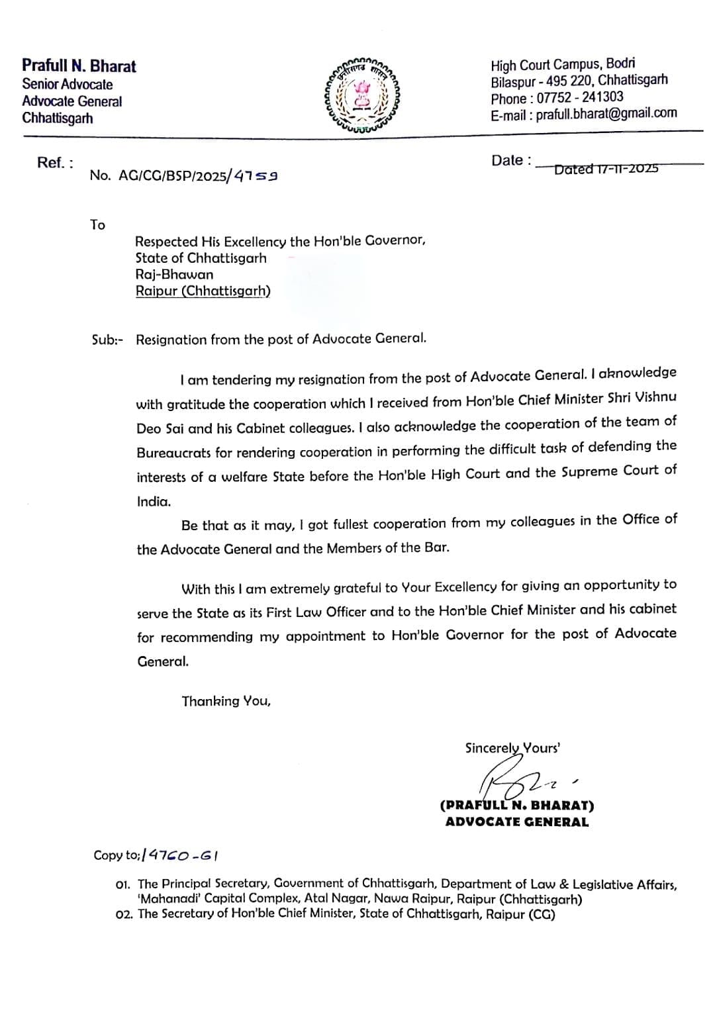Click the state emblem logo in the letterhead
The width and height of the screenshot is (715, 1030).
point(361,95)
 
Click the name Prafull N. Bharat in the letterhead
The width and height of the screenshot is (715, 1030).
point(79,66)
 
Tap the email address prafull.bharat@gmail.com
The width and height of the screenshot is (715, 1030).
point(606,113)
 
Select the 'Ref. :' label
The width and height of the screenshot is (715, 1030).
point(55,163)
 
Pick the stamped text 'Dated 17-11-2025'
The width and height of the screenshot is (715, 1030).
point(606,169)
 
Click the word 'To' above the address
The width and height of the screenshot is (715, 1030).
point(97,225)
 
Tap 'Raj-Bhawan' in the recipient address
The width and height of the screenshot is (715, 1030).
point(174,274)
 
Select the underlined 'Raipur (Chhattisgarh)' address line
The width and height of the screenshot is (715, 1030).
point(203,291)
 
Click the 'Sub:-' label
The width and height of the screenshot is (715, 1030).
point(107,340)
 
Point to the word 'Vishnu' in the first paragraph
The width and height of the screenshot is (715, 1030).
point(655,398)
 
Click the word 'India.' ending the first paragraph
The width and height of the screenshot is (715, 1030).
point(154,502)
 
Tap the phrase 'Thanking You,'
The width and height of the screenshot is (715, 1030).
point(226,701)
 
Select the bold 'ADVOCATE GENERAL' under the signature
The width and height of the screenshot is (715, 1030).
point(516,822)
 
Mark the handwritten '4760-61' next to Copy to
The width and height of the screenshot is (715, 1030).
point(183,855)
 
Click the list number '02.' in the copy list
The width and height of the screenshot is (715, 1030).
point(124,915)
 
